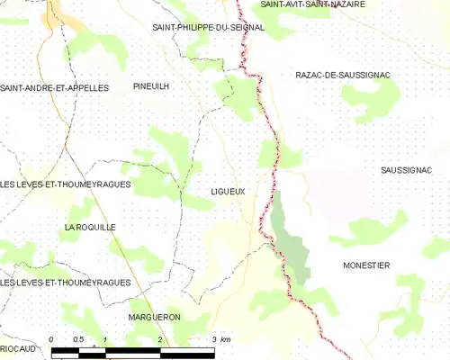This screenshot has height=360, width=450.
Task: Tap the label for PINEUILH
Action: tap(151, 86)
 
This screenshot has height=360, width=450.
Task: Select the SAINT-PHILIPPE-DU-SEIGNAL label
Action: tap(208, 28)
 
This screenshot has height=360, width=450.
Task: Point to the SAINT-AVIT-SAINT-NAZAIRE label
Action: tap(312, 4)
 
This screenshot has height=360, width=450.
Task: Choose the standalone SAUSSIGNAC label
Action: tap(406, 170)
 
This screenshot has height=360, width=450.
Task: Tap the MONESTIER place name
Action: tap(366, 265)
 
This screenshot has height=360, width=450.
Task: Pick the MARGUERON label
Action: tap(154, 318)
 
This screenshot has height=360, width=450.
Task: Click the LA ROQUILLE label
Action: tap(90, 228)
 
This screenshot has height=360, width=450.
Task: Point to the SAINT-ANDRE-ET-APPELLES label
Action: tap(54, 88)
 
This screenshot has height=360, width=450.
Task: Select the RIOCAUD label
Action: tap(17, 347)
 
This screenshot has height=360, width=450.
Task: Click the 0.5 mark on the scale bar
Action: tap(78, 339)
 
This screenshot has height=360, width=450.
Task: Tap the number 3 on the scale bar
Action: tap(213, 339)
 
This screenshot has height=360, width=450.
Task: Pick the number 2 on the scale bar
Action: tap(159, 339)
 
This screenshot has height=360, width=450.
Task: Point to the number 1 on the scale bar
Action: tap(106, 339)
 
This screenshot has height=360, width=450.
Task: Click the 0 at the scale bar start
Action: tap(52, 339)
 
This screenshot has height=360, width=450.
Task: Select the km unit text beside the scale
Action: tap(226, 339)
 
